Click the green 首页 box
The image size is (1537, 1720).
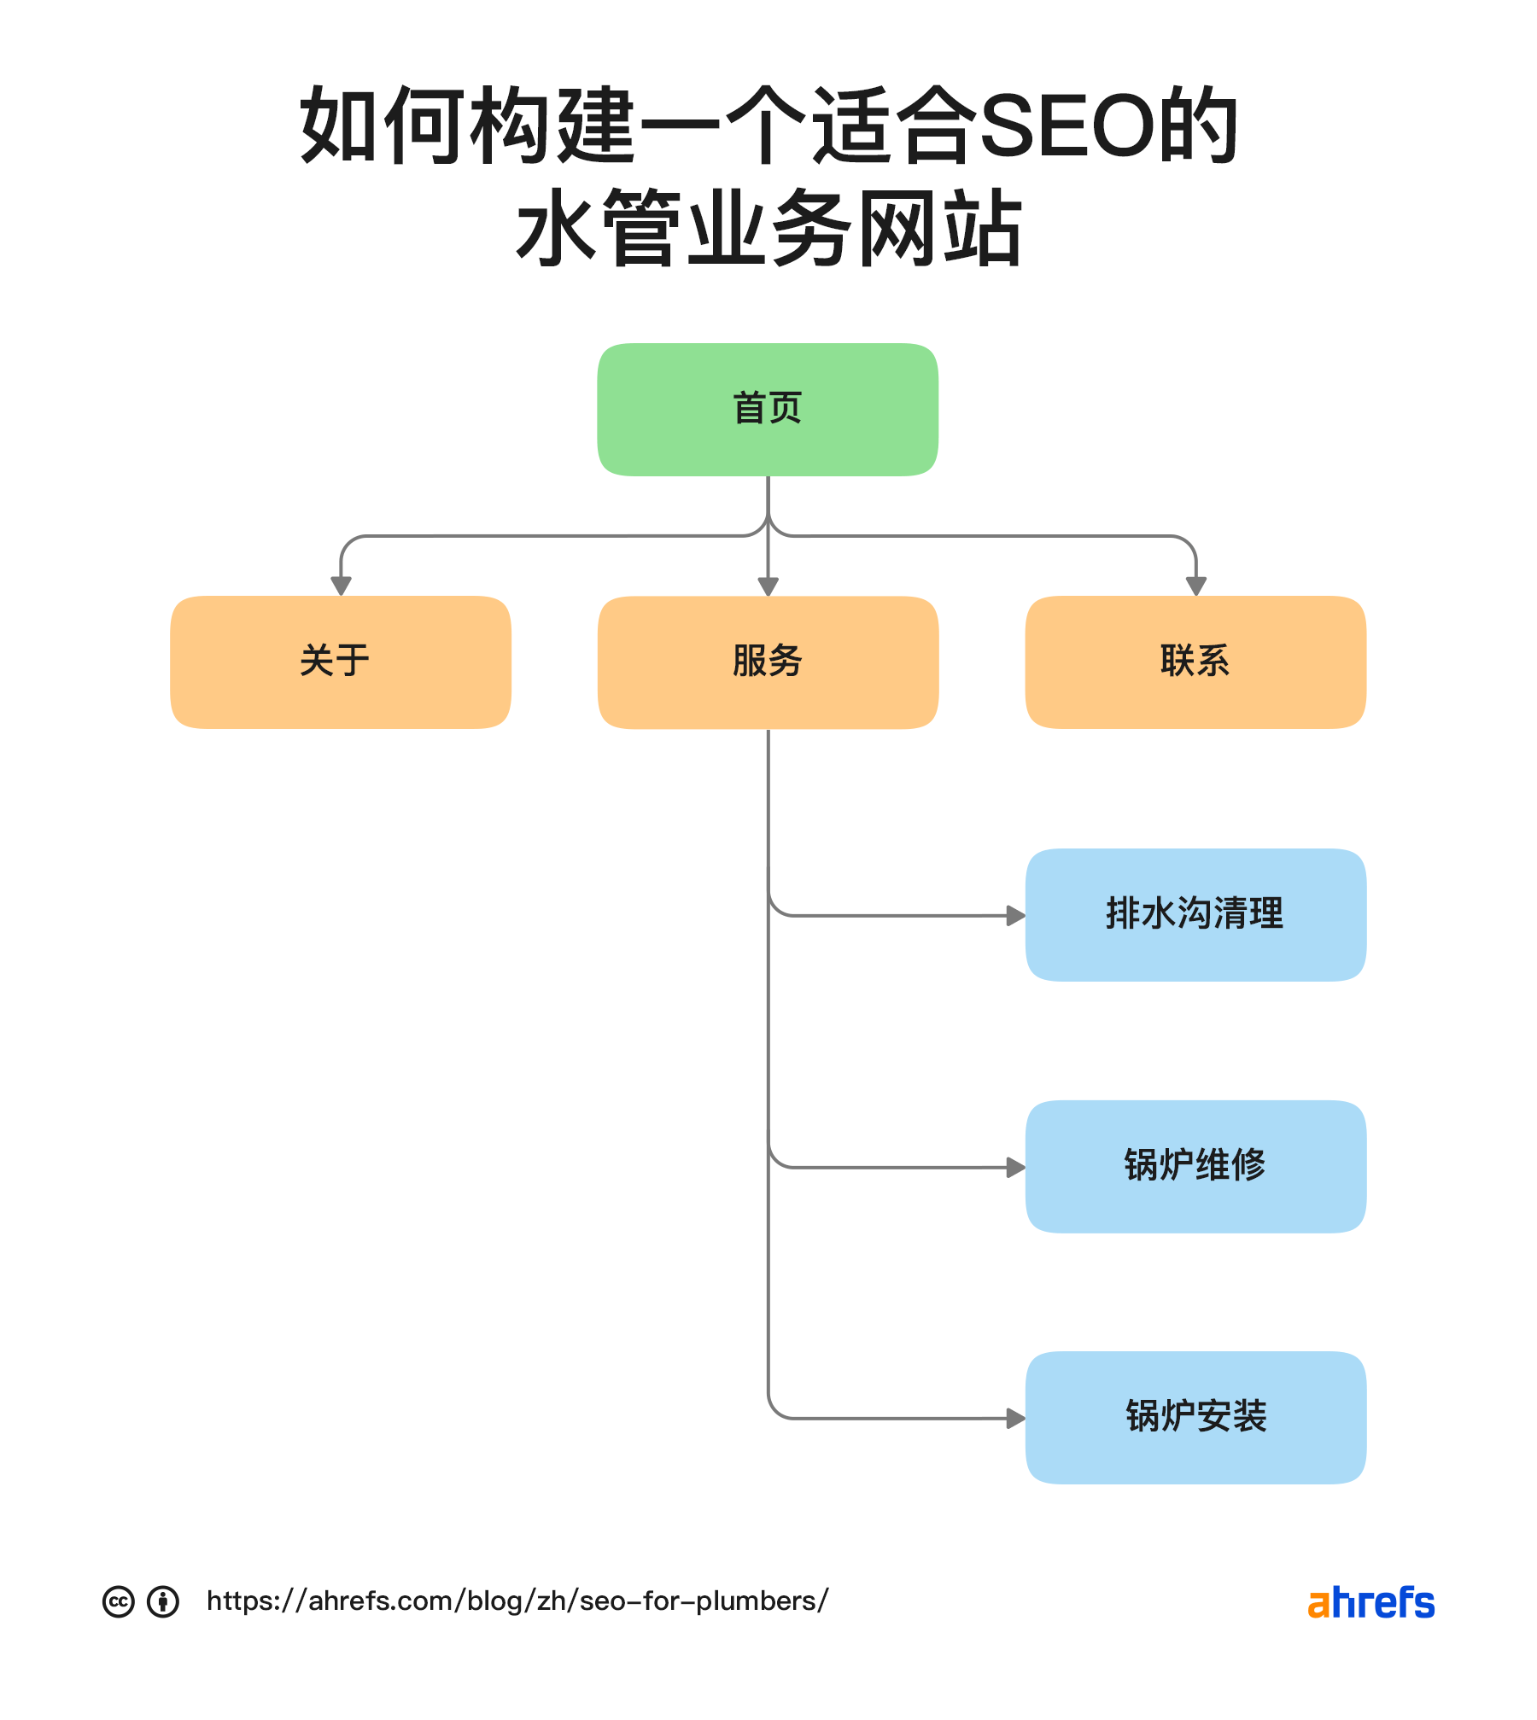pos(768,409)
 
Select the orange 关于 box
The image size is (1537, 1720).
pos(341,662)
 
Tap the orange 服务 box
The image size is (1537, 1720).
pos(768,662)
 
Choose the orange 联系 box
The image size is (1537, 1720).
pos(1195,662)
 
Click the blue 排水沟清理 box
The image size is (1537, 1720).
pos(1195,914)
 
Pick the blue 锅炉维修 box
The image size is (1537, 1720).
pos(1195,1166)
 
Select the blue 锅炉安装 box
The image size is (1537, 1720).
pos(1195,1417)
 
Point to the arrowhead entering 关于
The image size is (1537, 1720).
pos(341,586)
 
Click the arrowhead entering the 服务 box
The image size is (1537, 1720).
pos(768,586)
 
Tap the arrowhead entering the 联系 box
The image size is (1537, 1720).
pos(1195,586)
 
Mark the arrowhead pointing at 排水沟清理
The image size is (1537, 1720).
pos(1015,916)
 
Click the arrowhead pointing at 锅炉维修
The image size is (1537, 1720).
pos(1015,1168)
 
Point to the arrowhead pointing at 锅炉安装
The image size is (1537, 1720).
pos(1015,1419)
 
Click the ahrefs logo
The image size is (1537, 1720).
pos(1370,1602)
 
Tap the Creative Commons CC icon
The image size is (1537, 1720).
pos(119,1601)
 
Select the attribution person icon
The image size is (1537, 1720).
pos(163,1601)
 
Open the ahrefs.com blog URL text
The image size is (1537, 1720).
pos(517,1601)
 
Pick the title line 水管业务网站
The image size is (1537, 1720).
pos(768,229)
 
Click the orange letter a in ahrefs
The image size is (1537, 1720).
pos(1318,1605)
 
